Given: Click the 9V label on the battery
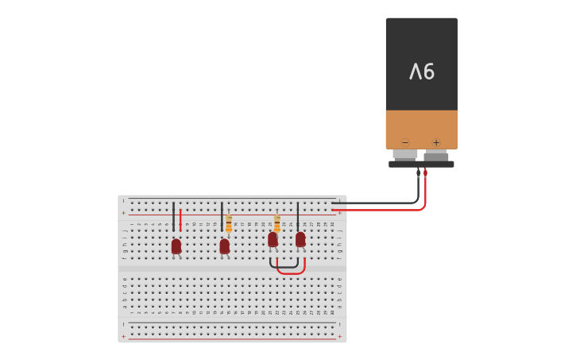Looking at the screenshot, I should (422, 72).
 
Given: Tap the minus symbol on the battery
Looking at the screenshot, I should (405, 143).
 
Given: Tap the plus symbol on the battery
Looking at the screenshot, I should (436, 143).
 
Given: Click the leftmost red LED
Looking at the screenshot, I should (176, 246).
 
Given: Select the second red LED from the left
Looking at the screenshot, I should (225, 246).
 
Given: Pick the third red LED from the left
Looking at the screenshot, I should (273, 239).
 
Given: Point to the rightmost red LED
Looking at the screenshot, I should (300, 239).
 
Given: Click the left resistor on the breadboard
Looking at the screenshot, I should (229, 224).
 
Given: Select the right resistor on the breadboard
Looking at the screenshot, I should (277, 223).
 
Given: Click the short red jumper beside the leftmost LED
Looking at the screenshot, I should (180, 220).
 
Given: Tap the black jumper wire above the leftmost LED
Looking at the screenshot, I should (173, 216).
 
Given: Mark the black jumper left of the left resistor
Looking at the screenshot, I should (222, 216).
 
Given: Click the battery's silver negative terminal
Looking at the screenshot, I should (405, 154).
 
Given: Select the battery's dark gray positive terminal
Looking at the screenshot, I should (436, 156).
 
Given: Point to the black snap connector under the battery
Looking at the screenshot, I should (421, 165).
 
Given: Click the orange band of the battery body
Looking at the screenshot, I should (421, 127).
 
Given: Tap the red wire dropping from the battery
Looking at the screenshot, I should (425, 191).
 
